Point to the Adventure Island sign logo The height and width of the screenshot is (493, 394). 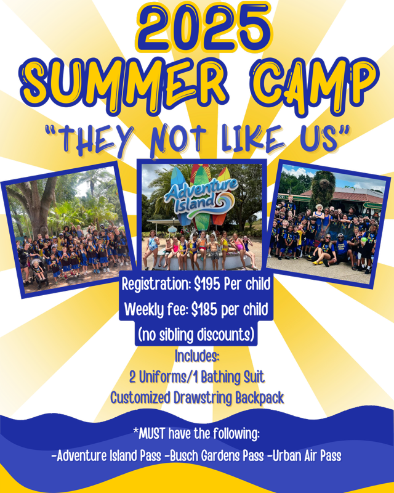click(x=201, y=197)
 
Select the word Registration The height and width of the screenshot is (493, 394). click(x=156, y=285)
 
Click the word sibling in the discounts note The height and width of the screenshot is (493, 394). click(x=177, y=335)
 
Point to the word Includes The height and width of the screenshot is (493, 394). click(x=197, y=356)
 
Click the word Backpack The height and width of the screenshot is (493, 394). click(x=260, y=398)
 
